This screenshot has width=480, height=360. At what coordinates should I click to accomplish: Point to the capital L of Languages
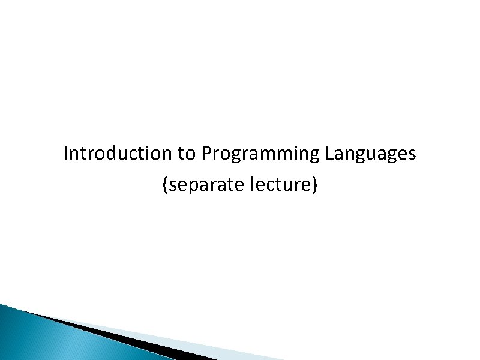[328, 154]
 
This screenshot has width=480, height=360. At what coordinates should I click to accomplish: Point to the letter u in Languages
[374, 155]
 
